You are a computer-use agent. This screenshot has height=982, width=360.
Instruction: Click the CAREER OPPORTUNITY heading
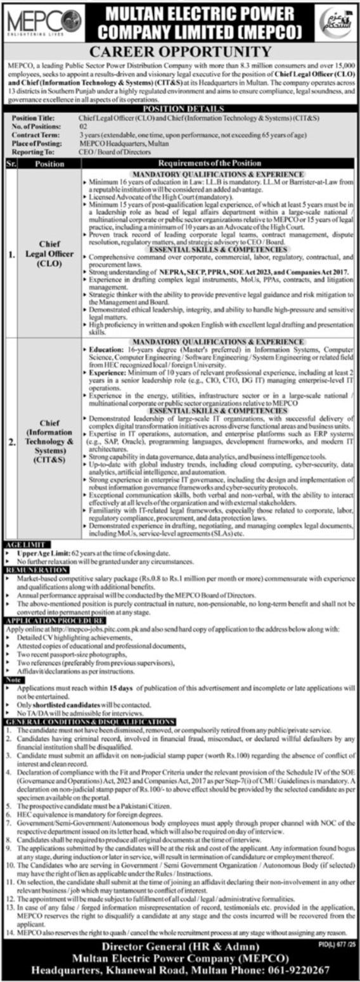coord(180,51)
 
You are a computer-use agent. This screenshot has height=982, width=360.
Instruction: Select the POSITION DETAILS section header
coord(180,109)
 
